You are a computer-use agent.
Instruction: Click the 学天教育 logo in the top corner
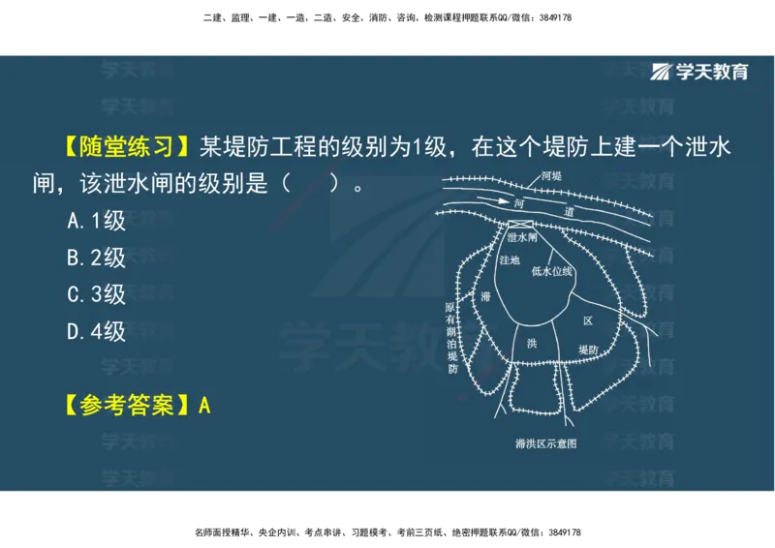tap(699, 72)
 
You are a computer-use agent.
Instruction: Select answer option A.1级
tap(97, 221)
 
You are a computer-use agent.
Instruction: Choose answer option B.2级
tap(97, 258)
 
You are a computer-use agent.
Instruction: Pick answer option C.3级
tap(97, 294)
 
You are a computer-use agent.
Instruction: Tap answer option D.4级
tap(97, 331)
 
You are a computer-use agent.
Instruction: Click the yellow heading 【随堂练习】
tap(121, 147)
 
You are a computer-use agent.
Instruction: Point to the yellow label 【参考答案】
tap(121, 405)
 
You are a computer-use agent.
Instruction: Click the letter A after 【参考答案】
tap(204, 405)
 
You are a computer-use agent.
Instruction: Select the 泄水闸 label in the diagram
tap(521, 236)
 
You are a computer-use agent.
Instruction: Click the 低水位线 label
tap(552, 272)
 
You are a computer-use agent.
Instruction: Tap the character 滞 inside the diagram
tap(485, 296)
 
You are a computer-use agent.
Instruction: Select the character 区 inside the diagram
tap(587, 320)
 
